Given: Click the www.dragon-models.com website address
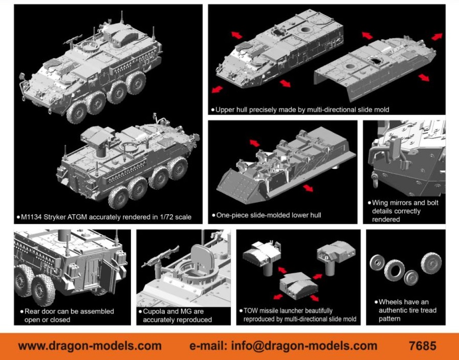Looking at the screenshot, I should (x=90, y=346).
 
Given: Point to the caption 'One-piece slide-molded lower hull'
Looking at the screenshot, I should (x=269, y=215).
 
